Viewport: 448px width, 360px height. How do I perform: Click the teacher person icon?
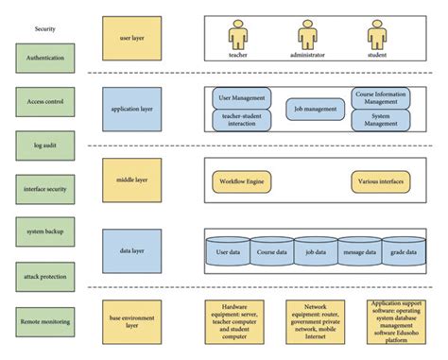[x=238, y=35]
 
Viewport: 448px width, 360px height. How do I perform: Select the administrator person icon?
[x=306, y=35]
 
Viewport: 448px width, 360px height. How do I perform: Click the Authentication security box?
[x=45, y=58]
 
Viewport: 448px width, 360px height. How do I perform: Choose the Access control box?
[x=45, y=102]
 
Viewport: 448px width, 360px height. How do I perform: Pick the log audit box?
[x=45, y=145]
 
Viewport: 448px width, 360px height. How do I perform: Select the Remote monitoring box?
[x=45, y=321]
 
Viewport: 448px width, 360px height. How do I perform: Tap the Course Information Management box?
[x=381, y=97]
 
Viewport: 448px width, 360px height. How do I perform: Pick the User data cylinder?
[x=228, y=252]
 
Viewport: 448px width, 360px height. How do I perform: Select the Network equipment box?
[x=316, y=321]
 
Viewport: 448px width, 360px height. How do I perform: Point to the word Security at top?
[x=45, y=29]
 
